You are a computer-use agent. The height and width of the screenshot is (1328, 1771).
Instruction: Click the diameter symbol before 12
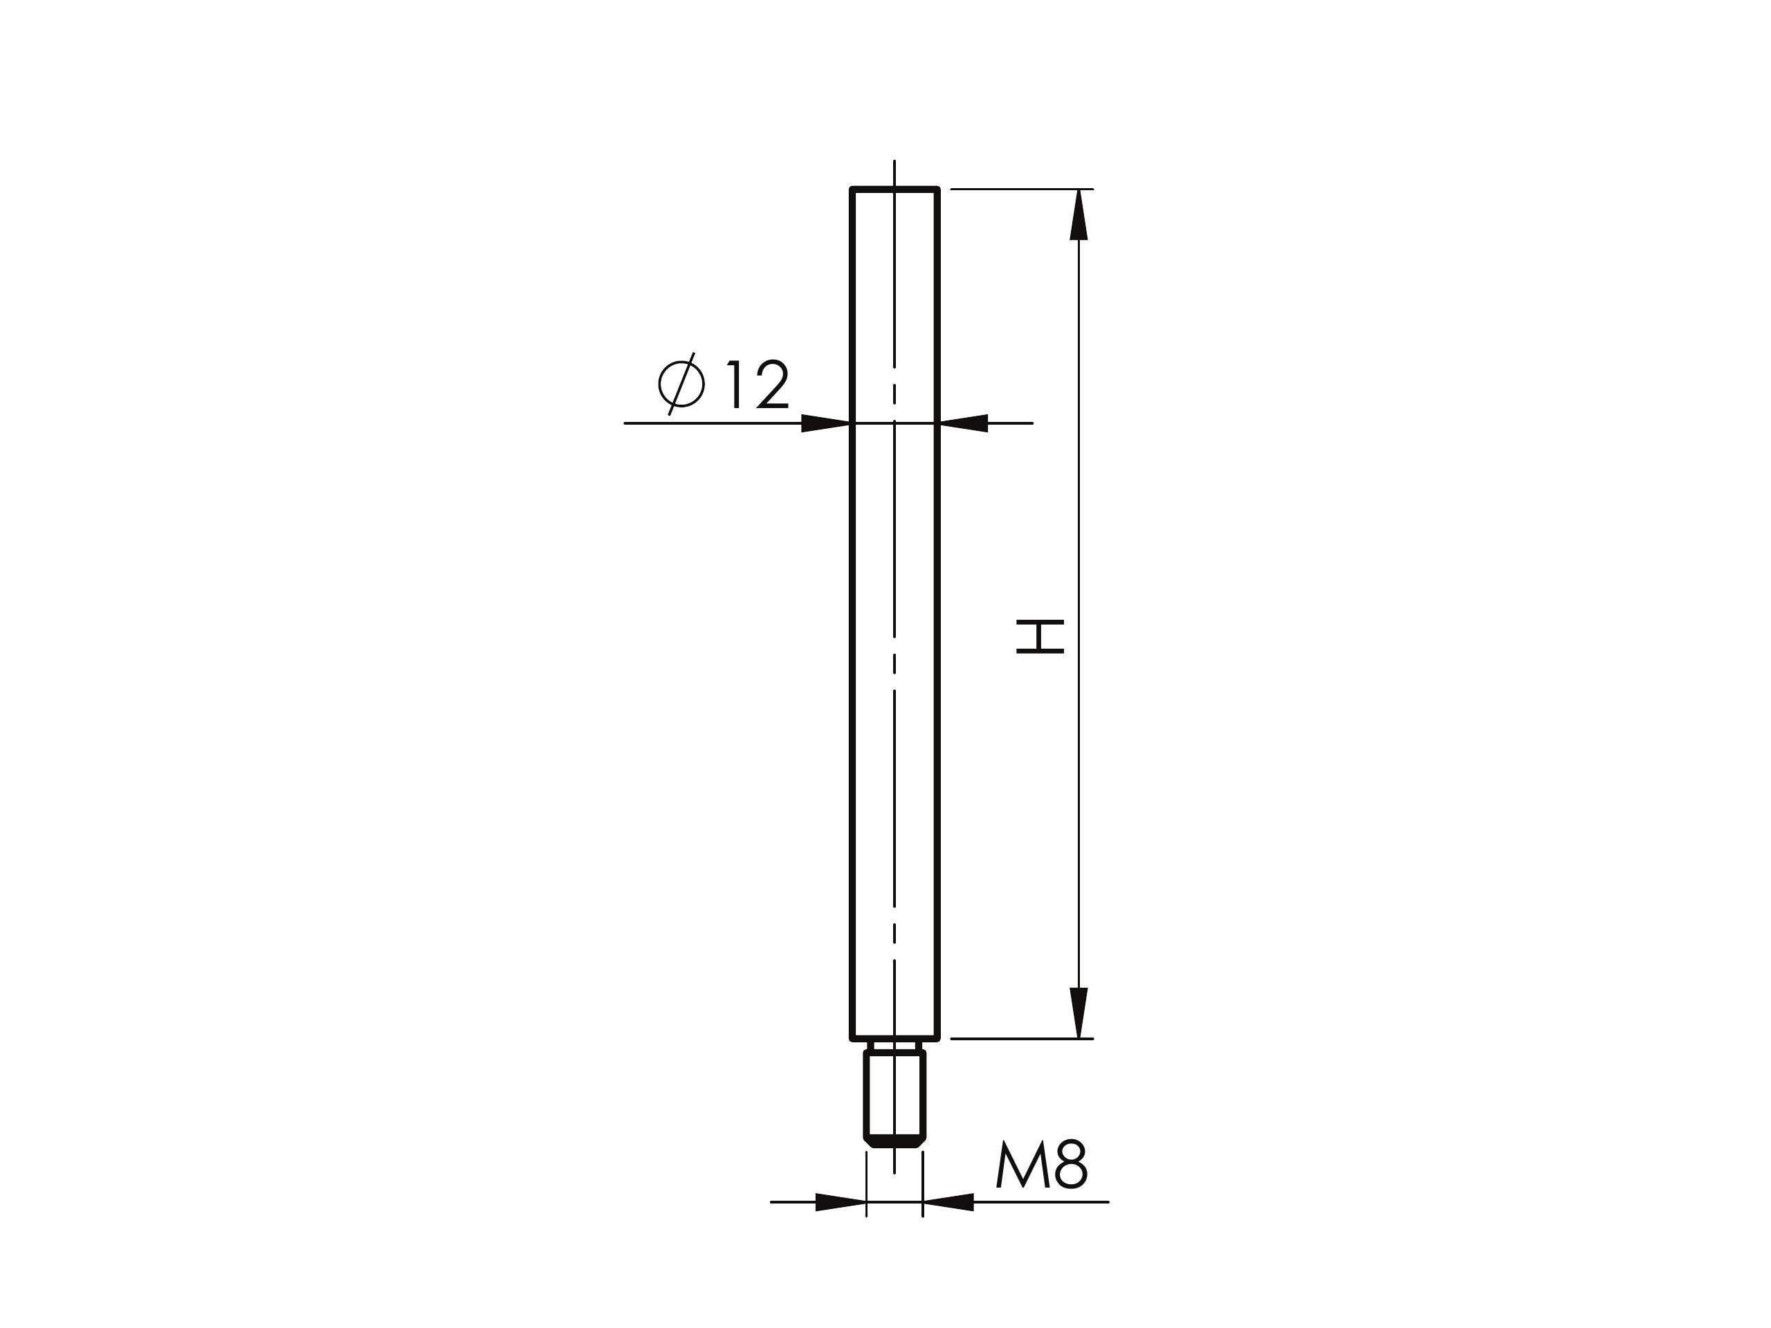681,385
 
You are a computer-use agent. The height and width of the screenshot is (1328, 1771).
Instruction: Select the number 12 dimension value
758,385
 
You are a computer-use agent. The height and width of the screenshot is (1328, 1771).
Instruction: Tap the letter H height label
1040,636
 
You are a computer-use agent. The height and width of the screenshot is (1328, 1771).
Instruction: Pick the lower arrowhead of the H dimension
1079,1013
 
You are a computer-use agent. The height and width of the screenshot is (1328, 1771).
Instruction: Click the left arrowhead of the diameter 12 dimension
825,423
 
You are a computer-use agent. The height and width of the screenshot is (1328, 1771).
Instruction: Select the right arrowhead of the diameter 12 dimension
963,423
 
